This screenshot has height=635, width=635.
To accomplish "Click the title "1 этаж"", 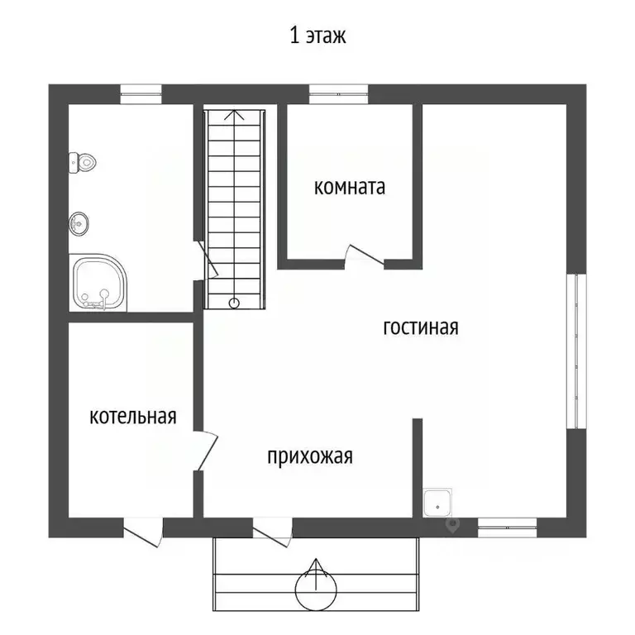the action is coord(317,36).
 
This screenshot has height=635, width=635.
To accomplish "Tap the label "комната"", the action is coord(350,188).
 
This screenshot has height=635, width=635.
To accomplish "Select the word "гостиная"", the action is coord(421,327).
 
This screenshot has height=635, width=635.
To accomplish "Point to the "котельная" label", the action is coord(133,417).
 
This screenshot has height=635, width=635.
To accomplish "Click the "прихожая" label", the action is coord(310,456).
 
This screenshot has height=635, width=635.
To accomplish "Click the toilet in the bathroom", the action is coord(82,163).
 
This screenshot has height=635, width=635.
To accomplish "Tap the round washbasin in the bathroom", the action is coord(79,223).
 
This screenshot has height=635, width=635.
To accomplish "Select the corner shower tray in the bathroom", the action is coord(98,283).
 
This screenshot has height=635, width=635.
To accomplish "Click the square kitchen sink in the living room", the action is coord(437,503).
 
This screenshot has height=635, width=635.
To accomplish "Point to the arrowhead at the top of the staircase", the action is coord(235,115).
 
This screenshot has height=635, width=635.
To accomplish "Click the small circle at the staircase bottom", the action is coord(234,303).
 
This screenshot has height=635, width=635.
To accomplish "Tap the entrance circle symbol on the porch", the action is coord(316,590).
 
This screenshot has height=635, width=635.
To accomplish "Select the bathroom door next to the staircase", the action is coord(207,259).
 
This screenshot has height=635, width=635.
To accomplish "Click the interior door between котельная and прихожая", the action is coord(206,451).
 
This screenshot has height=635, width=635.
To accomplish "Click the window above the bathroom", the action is coord(141,94).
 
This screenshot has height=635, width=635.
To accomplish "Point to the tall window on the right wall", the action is coord(576,351).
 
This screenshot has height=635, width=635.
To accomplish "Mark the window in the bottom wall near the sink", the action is coord(508,528).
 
